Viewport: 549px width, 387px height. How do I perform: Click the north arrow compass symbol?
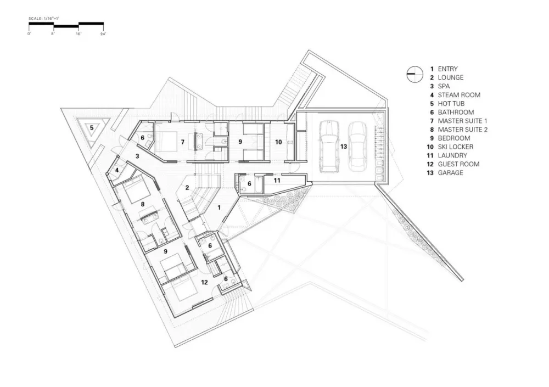click(x=415, y=74)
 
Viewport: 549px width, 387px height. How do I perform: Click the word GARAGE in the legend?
click(x=451, y=173)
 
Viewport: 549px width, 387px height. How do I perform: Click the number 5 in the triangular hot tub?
click(x=92, y=127)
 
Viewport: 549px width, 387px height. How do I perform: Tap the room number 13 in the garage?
click(x=344, y=147)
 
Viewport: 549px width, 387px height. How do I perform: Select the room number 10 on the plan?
click(x=278, y=142)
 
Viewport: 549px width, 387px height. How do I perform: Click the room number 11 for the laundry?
click(x=277, y=181)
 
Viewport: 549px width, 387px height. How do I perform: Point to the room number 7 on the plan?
click(x=182, y=142)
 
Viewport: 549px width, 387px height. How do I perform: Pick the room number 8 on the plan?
click(x=143, y=204)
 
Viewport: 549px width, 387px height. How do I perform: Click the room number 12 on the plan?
click(x=204, y=282)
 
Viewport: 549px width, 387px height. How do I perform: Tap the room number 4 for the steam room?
click(x=117, y=170)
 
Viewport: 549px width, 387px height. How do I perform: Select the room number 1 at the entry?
click(x=219, y=207)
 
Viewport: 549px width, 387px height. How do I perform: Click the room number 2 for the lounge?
click(x=187, y=188)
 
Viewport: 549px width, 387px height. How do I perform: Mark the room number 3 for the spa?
click(x=137, y=156)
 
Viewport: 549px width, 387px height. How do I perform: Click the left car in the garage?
click(x=329, y=147)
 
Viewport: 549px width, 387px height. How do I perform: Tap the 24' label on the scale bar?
click(x=103, y=34)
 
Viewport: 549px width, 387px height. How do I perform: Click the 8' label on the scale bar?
click(x=53, y=34)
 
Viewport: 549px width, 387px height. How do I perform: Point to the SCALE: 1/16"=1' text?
click(x=44, y=18)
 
